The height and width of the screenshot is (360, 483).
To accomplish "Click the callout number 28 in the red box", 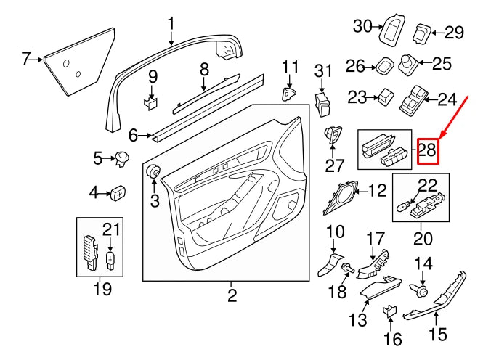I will (429, 152).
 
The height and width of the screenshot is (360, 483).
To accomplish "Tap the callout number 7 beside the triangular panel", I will (26, 58).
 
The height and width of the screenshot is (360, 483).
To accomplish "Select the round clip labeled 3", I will (154, 172).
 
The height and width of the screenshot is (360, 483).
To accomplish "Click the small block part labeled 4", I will (118, 192).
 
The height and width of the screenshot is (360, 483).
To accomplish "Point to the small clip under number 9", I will (151, 102).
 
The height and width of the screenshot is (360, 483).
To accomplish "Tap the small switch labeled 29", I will (423, 32).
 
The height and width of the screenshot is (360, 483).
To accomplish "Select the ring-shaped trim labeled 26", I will (384, 66).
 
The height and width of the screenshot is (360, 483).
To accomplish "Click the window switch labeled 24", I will (416, 99).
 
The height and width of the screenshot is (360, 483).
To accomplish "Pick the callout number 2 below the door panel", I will (232, 295).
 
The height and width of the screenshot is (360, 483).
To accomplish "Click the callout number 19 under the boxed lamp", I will (102, 290).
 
